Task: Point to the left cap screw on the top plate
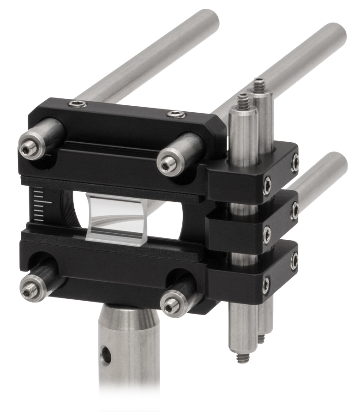(x=77, y=104)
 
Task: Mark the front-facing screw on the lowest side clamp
(x=266, y=285)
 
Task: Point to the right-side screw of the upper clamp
(x=295, y=162)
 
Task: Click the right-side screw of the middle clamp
(x=294, y=211)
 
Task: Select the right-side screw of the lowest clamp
(x=294, y=261)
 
